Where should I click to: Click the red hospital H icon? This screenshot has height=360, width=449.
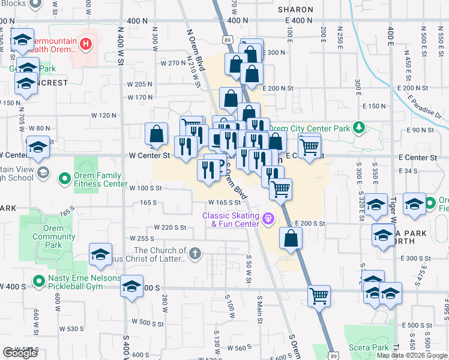86,43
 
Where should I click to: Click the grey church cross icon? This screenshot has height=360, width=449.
194,254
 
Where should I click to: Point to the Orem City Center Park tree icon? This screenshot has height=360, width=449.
358,128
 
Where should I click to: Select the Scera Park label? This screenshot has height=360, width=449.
372,347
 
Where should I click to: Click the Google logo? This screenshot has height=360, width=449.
20,353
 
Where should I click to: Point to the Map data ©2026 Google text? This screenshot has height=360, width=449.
412,355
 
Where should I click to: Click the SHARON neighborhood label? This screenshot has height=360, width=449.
295,10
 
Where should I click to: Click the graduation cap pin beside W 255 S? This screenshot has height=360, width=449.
101,254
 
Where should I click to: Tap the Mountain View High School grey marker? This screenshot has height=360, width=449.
42,173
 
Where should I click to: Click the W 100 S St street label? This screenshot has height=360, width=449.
146,188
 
